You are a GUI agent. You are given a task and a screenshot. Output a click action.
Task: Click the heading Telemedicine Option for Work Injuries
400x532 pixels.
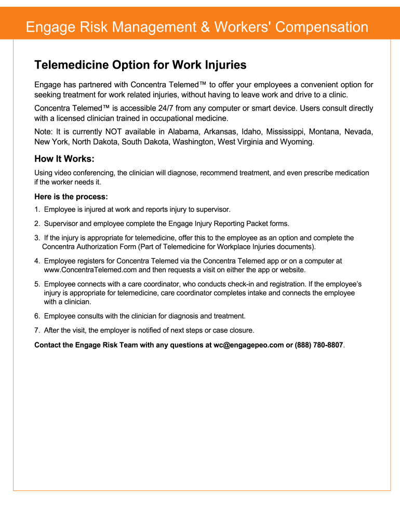140,65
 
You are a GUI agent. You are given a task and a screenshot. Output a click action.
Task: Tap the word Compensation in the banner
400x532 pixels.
322,27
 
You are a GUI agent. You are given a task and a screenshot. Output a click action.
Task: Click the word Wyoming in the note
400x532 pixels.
298,142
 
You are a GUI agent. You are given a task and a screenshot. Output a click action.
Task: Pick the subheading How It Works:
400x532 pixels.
64,159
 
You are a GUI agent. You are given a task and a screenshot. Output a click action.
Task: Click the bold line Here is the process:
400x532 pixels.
71,197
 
